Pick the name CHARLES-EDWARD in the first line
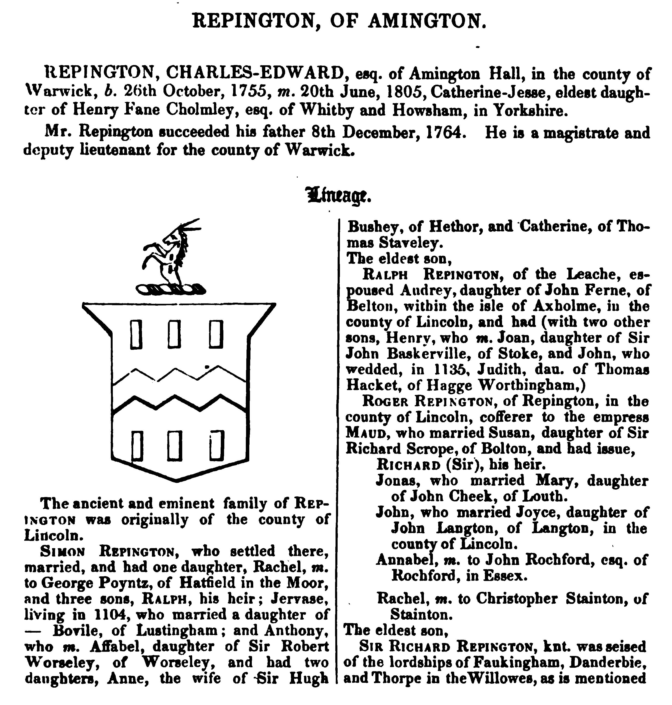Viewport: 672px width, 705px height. [255, 74]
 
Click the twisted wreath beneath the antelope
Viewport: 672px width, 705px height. [170, 289]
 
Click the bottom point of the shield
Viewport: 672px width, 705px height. [176, 480]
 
